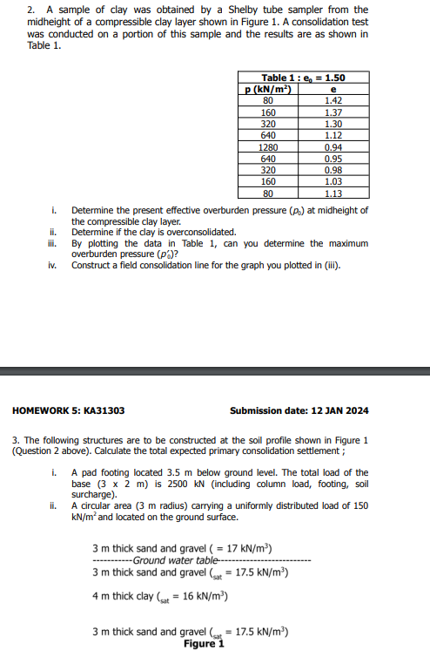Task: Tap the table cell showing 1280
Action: [268, 147]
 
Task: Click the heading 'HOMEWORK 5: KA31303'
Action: [68, 410]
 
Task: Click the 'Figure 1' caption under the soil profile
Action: [204, 645]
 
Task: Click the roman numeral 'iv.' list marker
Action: [54, 266]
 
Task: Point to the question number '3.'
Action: [17, 439]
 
